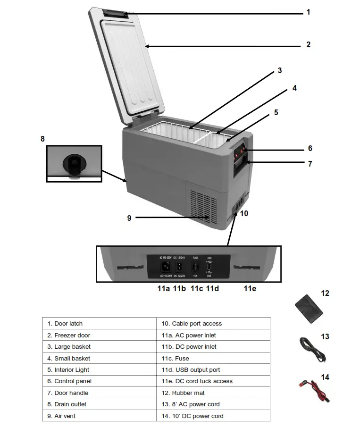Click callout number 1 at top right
coord(308,12)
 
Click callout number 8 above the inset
coord(42,139)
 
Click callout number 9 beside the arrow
coord(129,218)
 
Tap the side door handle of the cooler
coord(241,168)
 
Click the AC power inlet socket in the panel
coord(165,266)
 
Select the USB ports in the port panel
coord(209,267)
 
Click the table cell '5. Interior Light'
coord(99,369)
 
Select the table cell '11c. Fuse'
coord(213,358)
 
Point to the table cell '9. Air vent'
coord(99,416)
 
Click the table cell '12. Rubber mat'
coord(213,393)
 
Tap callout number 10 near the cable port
coord(244,213)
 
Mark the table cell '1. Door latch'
coord(99,323)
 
